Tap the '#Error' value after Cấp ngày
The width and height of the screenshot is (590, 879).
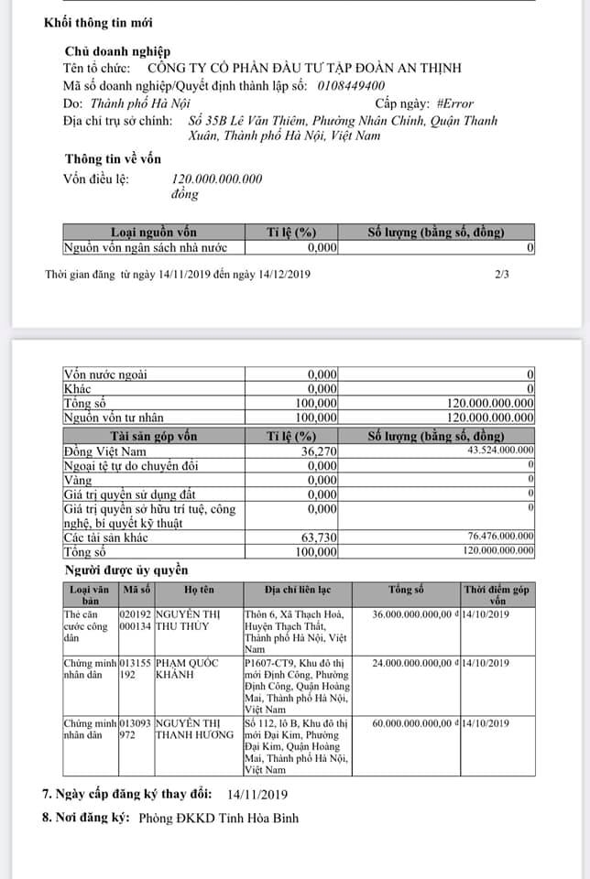pyautogui.click(x=455, y=103)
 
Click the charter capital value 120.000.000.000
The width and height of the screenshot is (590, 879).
pyautogui.click(x=217, y=179)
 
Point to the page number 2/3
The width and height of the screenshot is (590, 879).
pyautogui.click(x=501, y=274)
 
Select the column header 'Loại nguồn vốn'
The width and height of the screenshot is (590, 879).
pyautogui.click(x=154, y=233)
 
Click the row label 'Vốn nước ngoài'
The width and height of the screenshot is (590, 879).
pyautogui.click(x=105, y=374)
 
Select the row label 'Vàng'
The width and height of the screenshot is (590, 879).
pyautogui.click(x=78, y=480)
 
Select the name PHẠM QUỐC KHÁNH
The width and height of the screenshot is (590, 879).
pyautogui.click(x=187, y=669)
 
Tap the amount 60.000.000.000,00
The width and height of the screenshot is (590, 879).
pyautogui.click(x=412, y=723)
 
